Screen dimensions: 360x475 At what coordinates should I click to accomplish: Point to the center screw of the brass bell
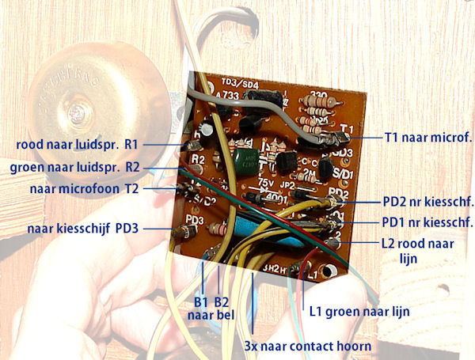79,106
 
